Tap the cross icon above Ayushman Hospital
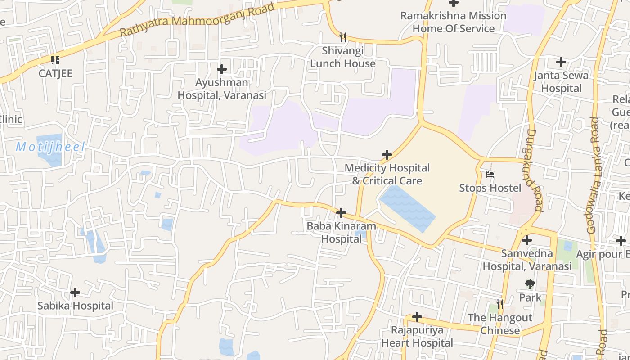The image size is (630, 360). point(222,69)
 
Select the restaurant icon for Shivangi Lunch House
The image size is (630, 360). point(343,36)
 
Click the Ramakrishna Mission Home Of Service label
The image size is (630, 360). point(453,22)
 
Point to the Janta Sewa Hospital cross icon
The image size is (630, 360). point(561,62)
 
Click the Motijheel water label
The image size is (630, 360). point(50,147)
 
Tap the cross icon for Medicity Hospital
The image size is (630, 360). point(387,155)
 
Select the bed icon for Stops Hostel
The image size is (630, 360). point(490,174)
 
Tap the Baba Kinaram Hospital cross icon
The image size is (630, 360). point(341,212)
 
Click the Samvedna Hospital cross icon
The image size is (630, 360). point(527,240)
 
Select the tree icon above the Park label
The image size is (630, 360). point(530,284)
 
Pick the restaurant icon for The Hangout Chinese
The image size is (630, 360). point(499,304)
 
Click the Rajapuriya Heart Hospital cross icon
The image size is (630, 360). point(417,317)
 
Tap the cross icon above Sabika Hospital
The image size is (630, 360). point(75,293)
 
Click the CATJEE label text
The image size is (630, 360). point(55,73)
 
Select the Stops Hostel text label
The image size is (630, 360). point(490,188)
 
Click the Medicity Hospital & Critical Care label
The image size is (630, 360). point(387,174)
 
